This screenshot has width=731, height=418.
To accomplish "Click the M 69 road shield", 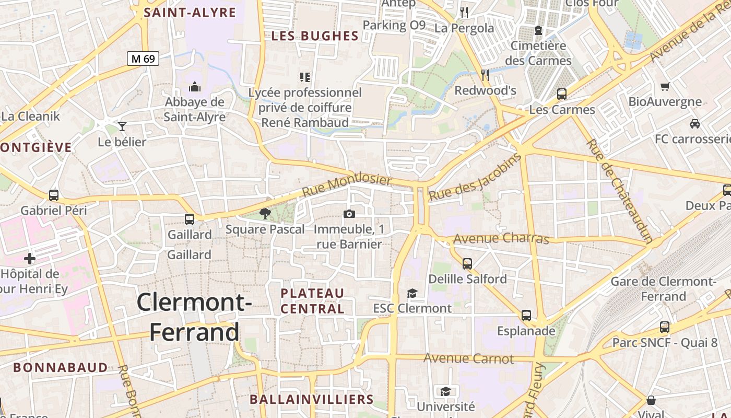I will [x=143, y=59].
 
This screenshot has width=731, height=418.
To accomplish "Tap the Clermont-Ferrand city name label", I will [x=194, y=317].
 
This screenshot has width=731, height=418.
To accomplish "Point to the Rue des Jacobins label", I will [x=475, y=178].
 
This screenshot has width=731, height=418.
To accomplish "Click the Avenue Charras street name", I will [x=501, y=239].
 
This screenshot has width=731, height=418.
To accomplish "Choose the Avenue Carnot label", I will [x=468, y=358].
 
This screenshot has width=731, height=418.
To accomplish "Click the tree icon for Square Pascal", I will [x=265, y=213].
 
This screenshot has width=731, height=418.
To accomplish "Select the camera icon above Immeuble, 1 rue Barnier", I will [x=349, y=214].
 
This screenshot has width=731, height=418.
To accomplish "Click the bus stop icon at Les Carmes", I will [x=562, y=94].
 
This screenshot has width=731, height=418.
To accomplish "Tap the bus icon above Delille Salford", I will [x=467, y=263].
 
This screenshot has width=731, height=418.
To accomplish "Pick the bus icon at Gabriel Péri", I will [x=54, y=195].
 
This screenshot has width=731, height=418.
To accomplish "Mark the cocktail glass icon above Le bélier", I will [x=122, y=126].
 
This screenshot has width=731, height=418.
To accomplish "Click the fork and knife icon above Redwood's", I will [x=485, y=75].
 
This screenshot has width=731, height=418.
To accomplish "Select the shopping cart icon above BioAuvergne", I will [x=665, y=86].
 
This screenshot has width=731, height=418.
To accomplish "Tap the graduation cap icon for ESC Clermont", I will [x=412, y=293].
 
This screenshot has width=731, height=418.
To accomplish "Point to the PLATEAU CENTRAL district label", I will [x=312, y=301].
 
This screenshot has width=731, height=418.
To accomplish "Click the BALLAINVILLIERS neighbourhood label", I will [x=311, y=400].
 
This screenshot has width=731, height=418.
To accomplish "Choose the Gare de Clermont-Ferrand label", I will [x=663, y=289].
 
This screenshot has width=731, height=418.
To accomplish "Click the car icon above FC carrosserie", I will [x=694, y=124].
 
